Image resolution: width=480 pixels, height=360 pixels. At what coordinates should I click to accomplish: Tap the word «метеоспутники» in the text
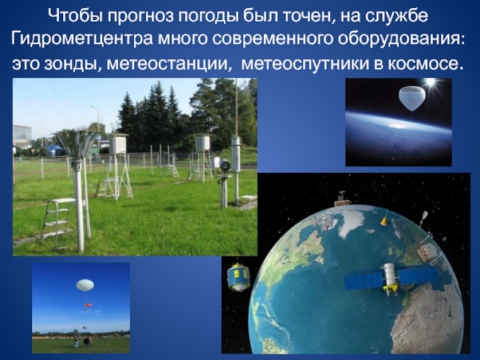click(x=300, y=64)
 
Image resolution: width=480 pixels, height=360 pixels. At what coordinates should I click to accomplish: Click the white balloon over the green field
click(x=85, y=285)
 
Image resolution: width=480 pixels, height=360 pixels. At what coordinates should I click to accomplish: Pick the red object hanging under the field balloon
click(x=88, y=307)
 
